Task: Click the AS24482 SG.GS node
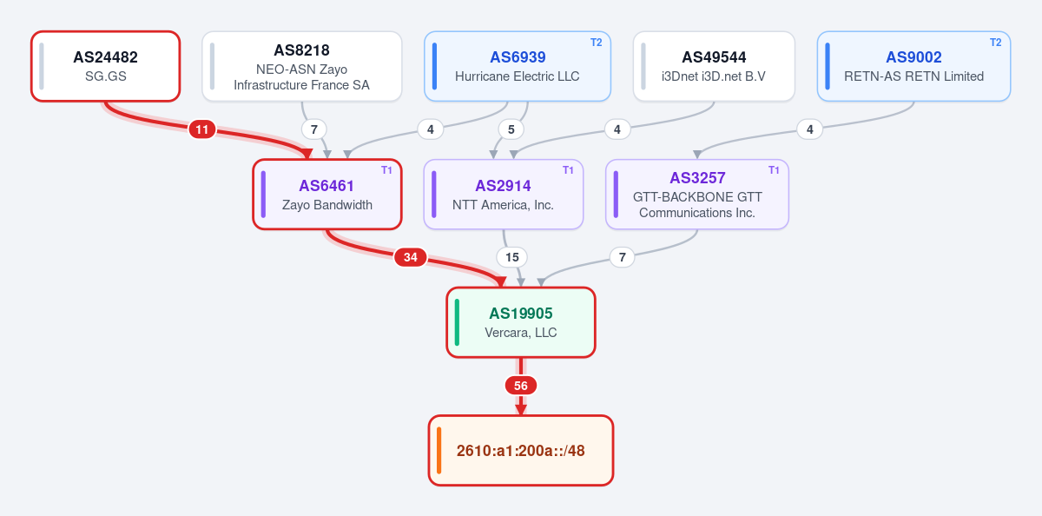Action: tap(106, 66)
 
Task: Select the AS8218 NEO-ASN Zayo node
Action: tap(302, 66)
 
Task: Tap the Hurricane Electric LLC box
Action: tap(518, 66)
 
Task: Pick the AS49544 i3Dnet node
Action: tap(714, 66)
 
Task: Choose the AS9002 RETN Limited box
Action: tap(913, 66)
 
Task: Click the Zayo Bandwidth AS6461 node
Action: tap(327, 194)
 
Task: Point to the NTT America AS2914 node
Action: tap(504, 194)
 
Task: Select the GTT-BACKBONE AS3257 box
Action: tap(696, 194)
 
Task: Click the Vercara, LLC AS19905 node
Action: tap(520, 322)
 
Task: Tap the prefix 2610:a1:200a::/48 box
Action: tap(520, 450)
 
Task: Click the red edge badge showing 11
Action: tap(201, 129)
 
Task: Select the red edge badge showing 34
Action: tap(410, 257)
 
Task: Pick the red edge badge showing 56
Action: tap(521, 386)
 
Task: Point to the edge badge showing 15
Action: tap(512, 257)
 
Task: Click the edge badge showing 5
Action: tap(511, 129)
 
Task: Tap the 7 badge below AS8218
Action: tap(314, 129)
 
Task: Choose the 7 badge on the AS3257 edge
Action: tap(623, 257)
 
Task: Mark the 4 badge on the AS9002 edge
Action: tap(810, 129)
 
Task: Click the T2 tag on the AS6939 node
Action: tap(597, 43)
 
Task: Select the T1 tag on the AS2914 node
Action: tap(568, 170)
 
